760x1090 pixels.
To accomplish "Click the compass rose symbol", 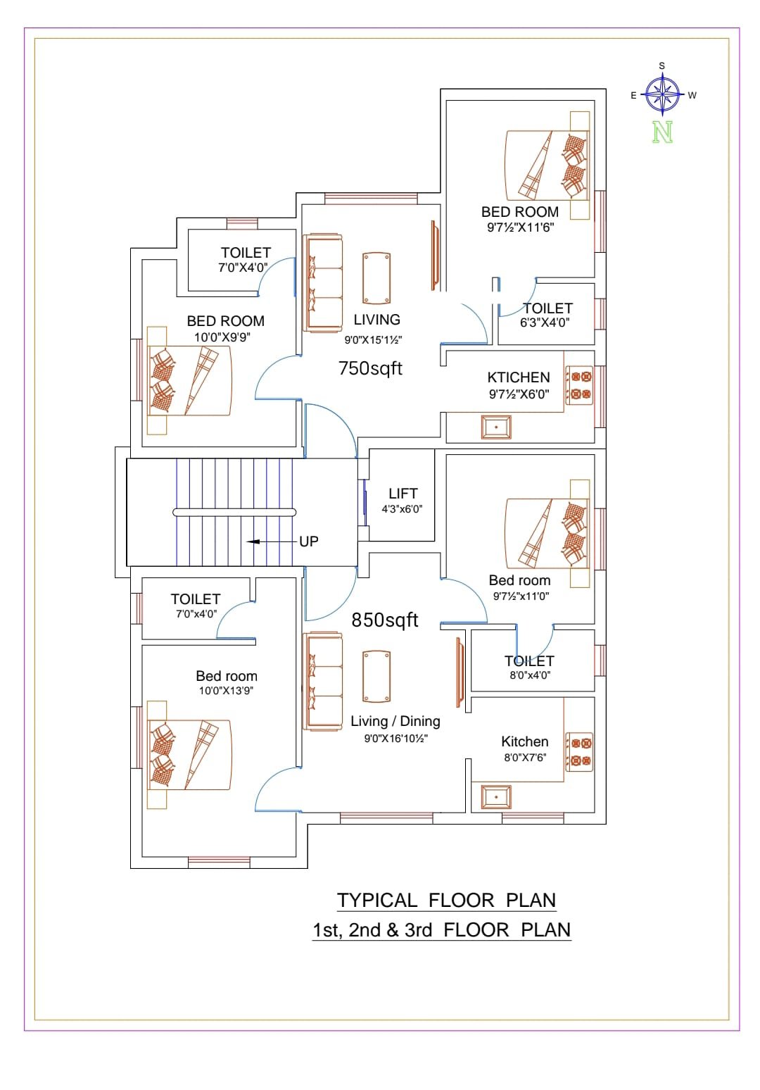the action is [x=661, y=94].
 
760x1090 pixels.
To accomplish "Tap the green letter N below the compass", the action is [x=662, y=132].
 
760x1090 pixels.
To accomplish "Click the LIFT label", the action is [x=403, y=494].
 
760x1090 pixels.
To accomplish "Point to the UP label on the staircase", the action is [x=308, y=541].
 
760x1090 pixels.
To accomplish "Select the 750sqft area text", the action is [x=370, y=368].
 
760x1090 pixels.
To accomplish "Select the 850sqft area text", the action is [x=385, y=620].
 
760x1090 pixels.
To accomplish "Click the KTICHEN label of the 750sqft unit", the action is [x=519, y=377].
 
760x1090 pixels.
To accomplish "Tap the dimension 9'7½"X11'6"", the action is [x=520, y=227].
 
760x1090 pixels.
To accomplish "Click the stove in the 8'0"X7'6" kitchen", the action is [x=578, y=752].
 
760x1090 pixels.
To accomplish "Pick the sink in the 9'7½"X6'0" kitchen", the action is [x=496, y=427].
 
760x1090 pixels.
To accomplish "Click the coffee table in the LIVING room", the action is [x=376, y=278].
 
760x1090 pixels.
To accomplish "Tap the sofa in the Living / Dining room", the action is [x=322, y=682].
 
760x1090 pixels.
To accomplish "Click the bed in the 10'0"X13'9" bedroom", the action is [x=189, y=755].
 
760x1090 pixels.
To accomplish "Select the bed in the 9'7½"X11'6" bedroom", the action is [x=547, y=165].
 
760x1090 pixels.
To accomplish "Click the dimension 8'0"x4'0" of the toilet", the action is [x=529, y=675].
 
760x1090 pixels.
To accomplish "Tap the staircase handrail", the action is [x=234, y=512].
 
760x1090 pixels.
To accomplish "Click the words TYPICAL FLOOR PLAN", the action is [x=446, y=900].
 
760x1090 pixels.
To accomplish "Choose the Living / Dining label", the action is [x=395, y=720].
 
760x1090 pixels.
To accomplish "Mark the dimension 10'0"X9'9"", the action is [x=222, y=337].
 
